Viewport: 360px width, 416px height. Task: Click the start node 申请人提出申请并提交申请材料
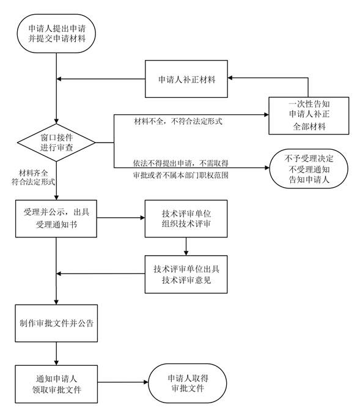pos(56,34)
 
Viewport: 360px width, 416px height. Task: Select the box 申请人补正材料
pos(186,79)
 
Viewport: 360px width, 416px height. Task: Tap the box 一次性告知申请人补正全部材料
pos(309,116)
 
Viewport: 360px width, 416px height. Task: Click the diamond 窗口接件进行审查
pos(56,143)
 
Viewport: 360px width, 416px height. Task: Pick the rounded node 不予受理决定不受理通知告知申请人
pos(309,169)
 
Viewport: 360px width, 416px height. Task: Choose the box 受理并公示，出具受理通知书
pos(56,218)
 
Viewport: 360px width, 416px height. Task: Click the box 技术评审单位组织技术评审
pos(186,218)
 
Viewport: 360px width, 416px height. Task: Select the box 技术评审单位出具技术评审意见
pos(186,274)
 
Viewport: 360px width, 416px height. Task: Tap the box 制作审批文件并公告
pos(56,323)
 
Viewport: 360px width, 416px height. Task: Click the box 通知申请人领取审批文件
pos(56,384)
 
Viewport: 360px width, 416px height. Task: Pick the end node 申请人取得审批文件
pos(188,384)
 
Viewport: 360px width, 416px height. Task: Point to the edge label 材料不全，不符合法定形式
pos(178,122)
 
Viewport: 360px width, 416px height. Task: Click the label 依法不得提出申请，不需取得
pos(180,163)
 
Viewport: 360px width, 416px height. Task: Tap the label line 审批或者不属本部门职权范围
pos(180,175)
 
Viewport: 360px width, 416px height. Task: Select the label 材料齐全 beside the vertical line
pos(34,173)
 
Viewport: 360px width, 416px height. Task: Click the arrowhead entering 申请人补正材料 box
pos(230,78)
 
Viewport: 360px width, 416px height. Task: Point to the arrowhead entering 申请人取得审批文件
pos(146,382)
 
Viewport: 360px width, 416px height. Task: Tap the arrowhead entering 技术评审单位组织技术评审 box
pos(142,218)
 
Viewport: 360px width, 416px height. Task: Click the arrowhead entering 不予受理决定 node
pos(267,168)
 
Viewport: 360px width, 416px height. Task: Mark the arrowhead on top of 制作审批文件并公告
pos(56,302)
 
